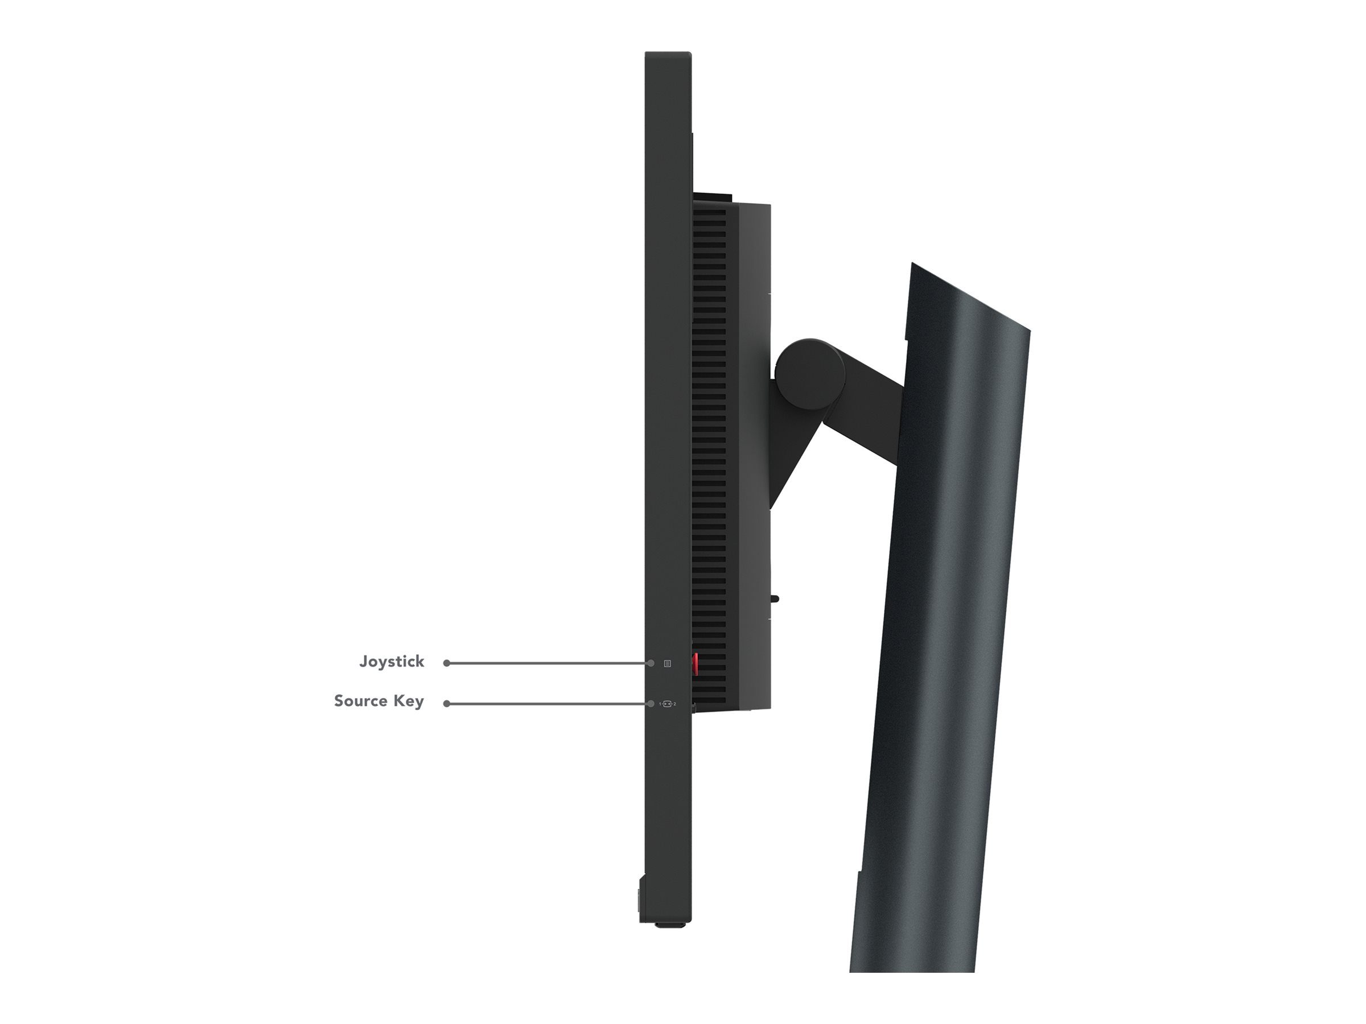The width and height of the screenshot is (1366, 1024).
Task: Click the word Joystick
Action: [x=392, y=662]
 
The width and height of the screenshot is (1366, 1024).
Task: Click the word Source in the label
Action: [x=361, y=701]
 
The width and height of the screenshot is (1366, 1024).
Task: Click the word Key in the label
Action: [x=409, y=701]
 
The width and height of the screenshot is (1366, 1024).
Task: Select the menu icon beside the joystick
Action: [x=668, y=663]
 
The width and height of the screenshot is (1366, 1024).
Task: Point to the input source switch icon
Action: [x=667, y=704]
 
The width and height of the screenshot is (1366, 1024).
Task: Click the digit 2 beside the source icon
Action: [x=674, y=704]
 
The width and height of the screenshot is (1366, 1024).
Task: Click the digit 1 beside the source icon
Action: [x=660, y=704]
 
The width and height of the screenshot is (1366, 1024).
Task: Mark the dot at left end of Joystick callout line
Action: [x=446, y=663]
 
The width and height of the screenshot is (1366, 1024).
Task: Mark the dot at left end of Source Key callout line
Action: [x=446, y=704]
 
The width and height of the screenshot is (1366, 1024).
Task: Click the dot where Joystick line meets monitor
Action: [x=651, y=663]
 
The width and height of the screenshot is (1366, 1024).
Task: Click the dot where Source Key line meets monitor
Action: [x=651, y=704]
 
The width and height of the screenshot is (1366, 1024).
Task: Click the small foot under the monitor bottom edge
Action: [x=669, y=943]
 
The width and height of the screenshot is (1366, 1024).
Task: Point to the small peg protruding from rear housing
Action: [x=775, y=597]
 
